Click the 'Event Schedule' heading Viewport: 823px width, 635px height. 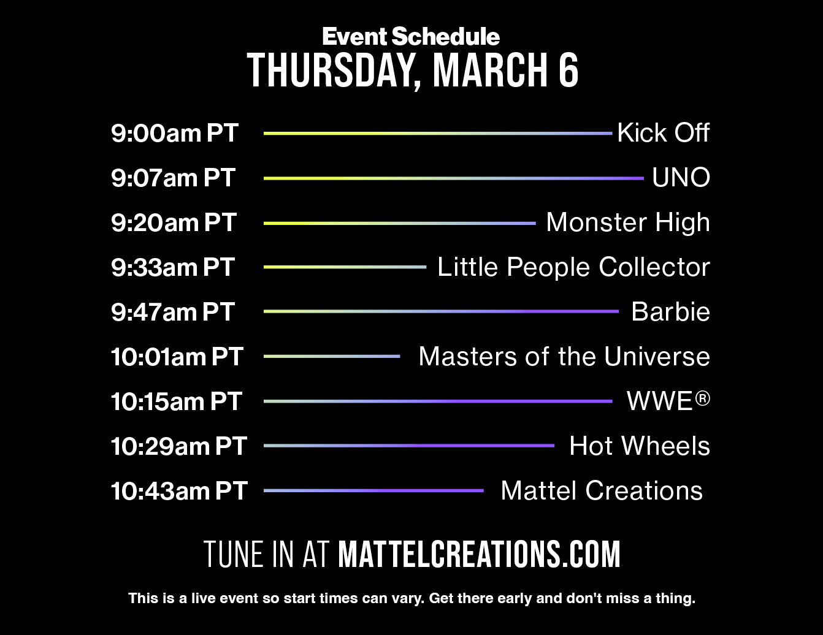[411, 37]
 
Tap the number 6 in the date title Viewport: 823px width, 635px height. [568, 70]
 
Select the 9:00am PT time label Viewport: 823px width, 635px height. [175, 133]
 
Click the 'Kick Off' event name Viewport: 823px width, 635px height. [663, 132]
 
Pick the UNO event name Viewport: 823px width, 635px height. [681, 178]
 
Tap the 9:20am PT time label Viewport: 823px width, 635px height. [174, 222]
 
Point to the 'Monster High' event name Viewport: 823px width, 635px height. [627, 222]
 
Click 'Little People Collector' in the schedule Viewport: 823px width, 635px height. [573, 267]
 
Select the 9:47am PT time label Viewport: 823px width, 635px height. [173, 312]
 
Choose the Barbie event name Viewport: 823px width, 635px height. [670, 311]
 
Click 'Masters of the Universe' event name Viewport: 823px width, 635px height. [564, 356]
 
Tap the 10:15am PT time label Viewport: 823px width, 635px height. [176, 401]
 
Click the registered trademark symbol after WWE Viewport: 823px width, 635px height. [703, 398]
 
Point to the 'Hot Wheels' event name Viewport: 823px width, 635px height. [639, 446]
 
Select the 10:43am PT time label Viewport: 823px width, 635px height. [178, 491]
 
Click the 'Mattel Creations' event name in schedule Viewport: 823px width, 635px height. [601, 490]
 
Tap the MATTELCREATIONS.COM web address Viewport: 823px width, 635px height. [479, 554]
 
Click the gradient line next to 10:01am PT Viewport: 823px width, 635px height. [332, 356]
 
